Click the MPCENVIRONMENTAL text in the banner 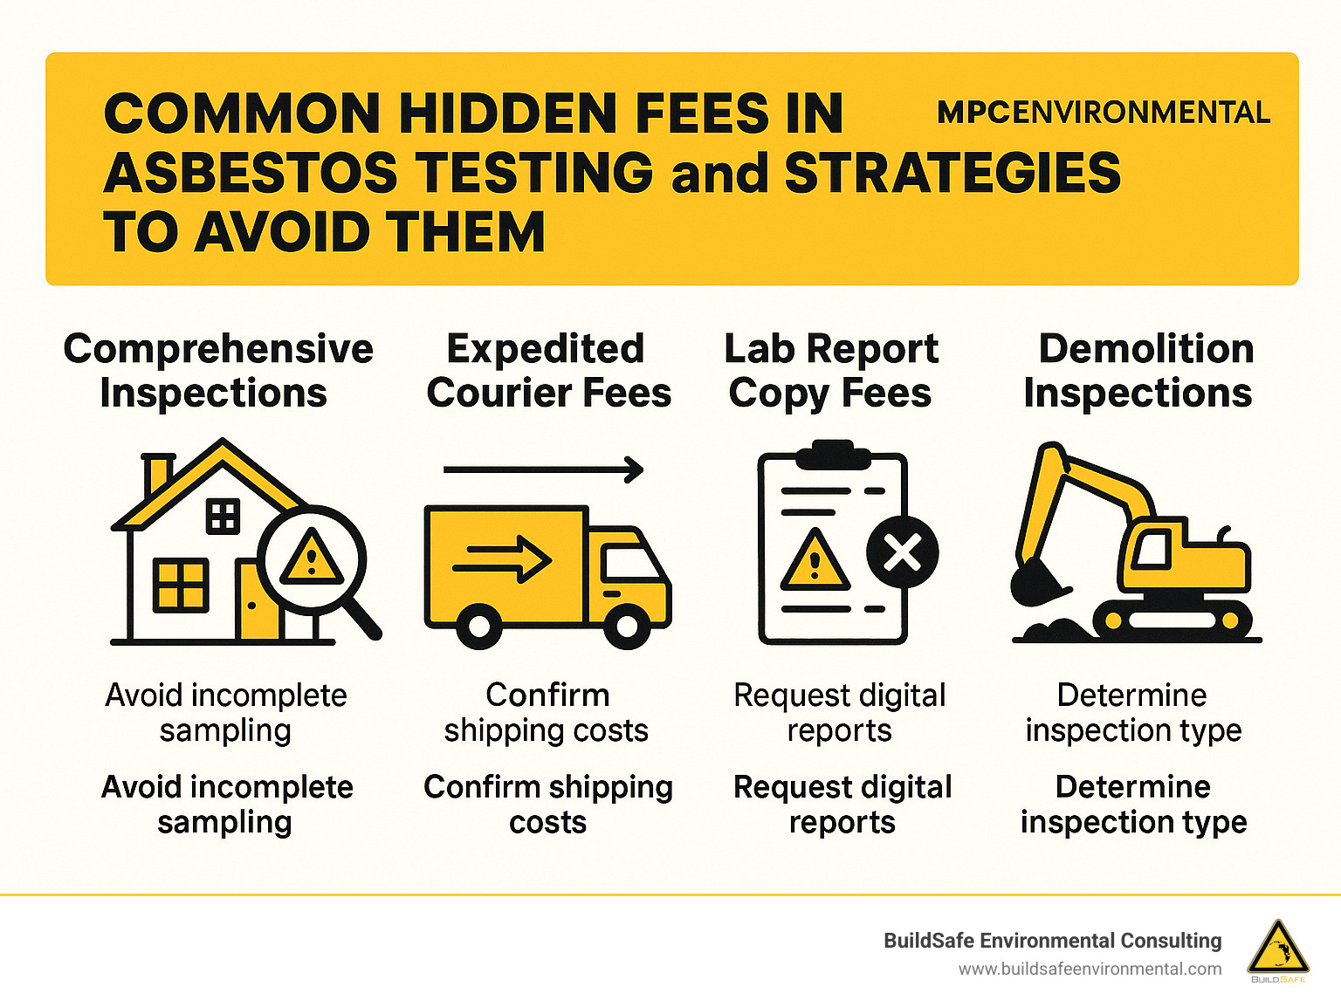point(1104,113)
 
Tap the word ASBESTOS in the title point(251,173)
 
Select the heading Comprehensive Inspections point(217,371)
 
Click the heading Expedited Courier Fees point(548,371)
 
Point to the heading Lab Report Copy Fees point(831,371)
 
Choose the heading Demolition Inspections point(1138,371)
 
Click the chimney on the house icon point(157,474)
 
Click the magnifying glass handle point(359,617)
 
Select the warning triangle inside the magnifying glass point(311,558)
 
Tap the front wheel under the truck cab point(627,625)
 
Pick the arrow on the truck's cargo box point(503,558)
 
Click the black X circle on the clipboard point(902,552)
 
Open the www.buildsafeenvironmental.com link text point(1090,969)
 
